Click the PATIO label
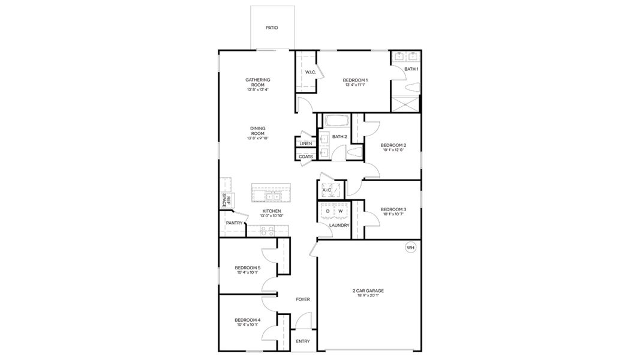pyautogui.click(x=272, y=28)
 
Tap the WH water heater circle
pyautogui.click(x=410, y=247)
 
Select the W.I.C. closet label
pyautogui.click(x=310, y=72)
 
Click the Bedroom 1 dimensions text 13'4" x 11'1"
pyautogui.click(x=355, y=85)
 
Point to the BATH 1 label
pyautogui.click(x=411, y=69)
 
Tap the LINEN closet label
pyautogui.click(x=305, y=144)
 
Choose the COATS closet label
pyautogui.click(x=305, y=157)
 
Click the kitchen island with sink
pyautogui.click(x=271, y=195)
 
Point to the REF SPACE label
pyautogui.click(x=227, y=201)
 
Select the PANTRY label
pyautogui.click(x=234, y=223)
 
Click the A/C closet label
pyautogui.click(x=327, y=190)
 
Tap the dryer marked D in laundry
pyautogui.click(x=327, y=211)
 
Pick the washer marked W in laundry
pyautogui.click(x=340, y=211)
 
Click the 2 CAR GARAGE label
pyautogui.click(x=368, y=291)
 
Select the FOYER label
pyautogui.click(x=303, y=299)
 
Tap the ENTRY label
pyautogui.click(x=303, y=341)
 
